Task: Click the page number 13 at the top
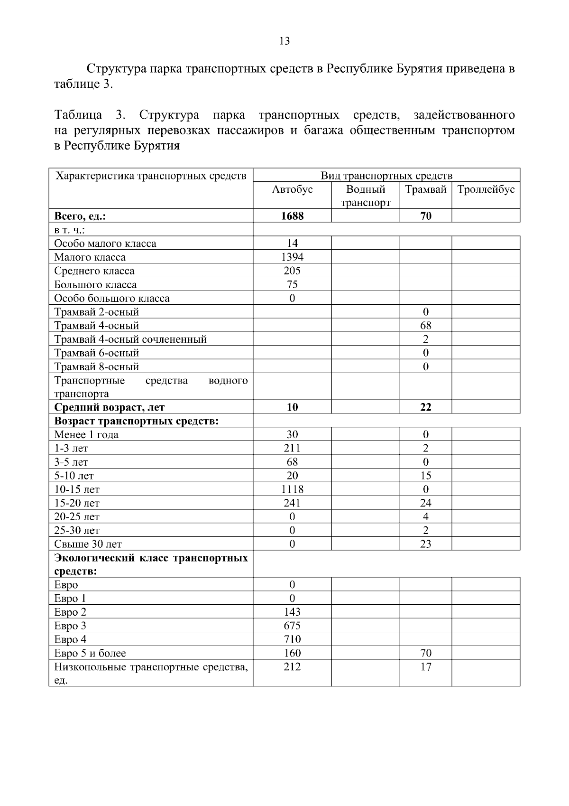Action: coord(284,41)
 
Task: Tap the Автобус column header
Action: coord(292,189)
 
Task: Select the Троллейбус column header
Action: coord(486,189)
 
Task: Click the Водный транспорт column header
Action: coord(366,196)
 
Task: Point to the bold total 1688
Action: coord(292,216)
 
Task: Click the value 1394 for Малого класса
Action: coord(292,257)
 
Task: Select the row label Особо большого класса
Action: coord(112,299)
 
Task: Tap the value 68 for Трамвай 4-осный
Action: coord(425,326)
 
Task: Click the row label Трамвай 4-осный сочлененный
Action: coord(130,339)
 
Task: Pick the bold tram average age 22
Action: coord(425,407)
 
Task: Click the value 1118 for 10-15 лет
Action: coord(292,489)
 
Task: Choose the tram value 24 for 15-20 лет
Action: coord(425,503)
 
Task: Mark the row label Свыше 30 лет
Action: coord(88,544)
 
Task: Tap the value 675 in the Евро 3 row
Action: coord(292,626)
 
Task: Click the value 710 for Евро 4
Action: coord(292,640)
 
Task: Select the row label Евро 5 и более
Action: coord(90,654)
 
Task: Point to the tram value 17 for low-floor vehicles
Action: coord(425,667)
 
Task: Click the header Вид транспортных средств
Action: coord(386,176)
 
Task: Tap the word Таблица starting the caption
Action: coord(78,115)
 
